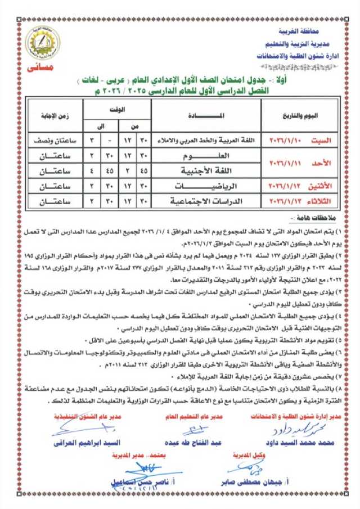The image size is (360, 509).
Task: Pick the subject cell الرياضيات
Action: [x=201, y=185]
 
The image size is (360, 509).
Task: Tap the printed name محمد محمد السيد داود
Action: [x=301, y=443]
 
